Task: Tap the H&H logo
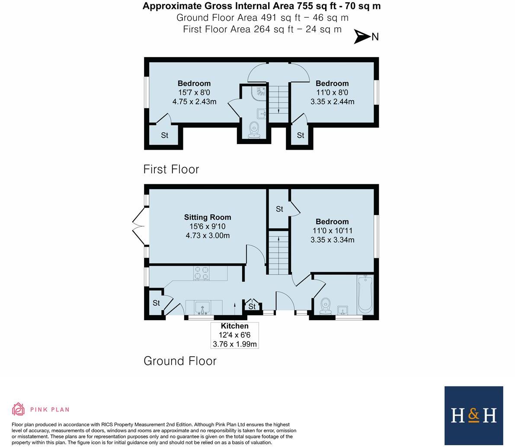tap(473, 415)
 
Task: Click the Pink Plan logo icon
tap(18, 409)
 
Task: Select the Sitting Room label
tap(208, 217)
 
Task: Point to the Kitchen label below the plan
tap(234, 326)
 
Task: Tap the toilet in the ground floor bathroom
tap(326, 306)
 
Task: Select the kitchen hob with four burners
tap(201, 273)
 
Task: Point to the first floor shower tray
tap(259, 92)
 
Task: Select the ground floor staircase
tap(278, 253)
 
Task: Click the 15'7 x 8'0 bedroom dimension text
tap(194, 93)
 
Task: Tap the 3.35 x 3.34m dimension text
tap(332, 240)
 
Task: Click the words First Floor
tap(171, 169)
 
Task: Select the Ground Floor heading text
tap(180, 361)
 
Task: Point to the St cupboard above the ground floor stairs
tap(279, 209)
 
